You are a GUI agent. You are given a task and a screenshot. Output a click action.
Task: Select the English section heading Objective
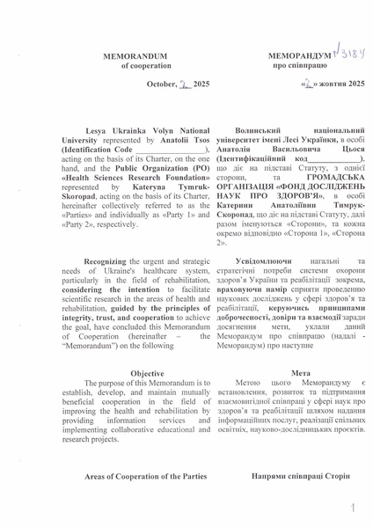click(x=146, y=374)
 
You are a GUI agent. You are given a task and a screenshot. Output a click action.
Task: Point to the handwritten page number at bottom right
click(x=352, y=509)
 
